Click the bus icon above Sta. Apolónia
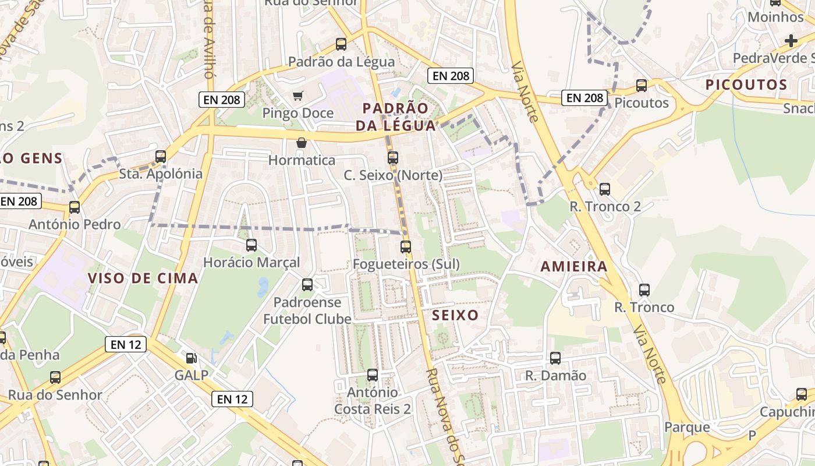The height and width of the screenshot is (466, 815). tap(161, 156)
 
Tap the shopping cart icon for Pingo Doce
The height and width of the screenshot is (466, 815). tap(298, 96)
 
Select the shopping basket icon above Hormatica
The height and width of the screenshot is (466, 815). tap(302, 143)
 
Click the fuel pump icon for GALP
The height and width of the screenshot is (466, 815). tap(191, 358)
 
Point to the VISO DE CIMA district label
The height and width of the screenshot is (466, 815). tap(143, 278)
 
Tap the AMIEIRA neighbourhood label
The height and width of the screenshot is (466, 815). tap(574, 267)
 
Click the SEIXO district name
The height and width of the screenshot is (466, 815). tap(456, 316)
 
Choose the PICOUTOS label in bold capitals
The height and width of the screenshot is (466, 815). tap(746, 85)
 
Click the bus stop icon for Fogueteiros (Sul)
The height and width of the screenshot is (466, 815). tap(406, 247)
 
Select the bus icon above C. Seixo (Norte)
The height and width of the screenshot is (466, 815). tap(393, 158)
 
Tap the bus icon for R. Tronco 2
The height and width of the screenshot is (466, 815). tap(605, 189)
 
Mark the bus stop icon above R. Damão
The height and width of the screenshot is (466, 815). tap(555, 358)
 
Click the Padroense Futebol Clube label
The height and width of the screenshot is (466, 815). tap(307, 311)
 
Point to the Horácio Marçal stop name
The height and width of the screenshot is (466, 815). tap(251, 263)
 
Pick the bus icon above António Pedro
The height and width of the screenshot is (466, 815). tap(75, 207)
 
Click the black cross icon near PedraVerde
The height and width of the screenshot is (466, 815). tap(791, 41)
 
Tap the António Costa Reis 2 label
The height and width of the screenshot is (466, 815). tap(373, 401)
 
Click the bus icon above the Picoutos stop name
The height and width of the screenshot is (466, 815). tap(642, 86)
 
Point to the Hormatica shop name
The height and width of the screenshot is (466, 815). tap(302, 160)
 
